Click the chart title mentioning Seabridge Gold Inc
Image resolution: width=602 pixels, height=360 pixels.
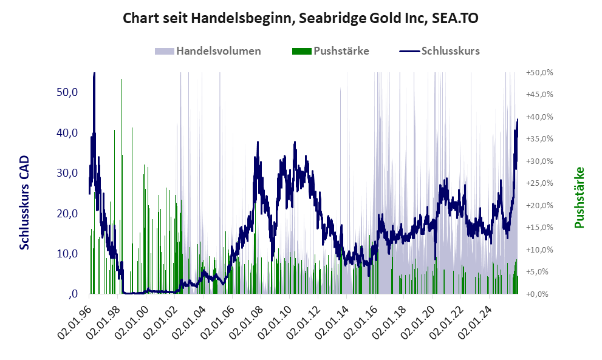pos(300,18)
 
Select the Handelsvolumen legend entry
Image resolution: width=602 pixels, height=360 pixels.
pos(218,51)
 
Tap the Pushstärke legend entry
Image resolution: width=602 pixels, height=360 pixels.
pos(341,51)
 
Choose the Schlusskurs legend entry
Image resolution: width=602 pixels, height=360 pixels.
pos(450,51)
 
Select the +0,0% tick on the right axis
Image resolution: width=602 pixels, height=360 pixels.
pos(540,294)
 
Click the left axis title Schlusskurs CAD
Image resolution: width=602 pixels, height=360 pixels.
pos(25,202)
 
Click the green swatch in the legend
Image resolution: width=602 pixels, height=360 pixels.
pos(301,51)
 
